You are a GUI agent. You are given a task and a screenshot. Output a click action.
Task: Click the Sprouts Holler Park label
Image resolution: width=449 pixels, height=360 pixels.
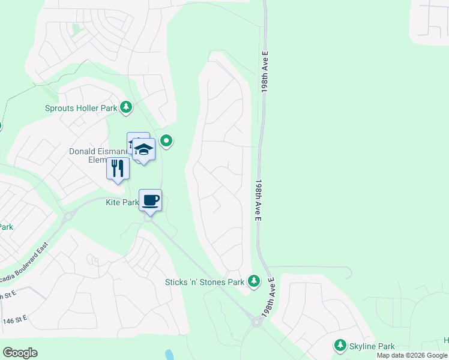pyautogui.click(x=80, y=109)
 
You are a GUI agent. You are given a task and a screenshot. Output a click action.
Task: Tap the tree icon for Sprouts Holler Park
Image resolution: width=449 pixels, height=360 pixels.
pyautogui.click(x=126, y=107)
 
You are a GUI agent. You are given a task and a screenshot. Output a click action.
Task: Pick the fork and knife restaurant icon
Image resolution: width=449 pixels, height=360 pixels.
pyautogui.click(x=118, y=168)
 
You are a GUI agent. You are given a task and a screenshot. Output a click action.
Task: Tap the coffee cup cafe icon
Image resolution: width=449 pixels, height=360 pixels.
pyautogui.click(x=151, y=200)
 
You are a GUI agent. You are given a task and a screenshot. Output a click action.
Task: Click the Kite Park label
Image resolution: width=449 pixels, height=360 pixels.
pyautogui.click(x=122, y=203)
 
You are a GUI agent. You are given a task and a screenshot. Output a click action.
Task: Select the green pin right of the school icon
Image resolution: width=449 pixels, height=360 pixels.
pyautogui.click(x=167, y=142)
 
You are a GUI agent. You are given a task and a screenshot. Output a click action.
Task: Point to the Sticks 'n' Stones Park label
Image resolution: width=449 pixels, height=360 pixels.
pyautogui.click(x=205, y=282)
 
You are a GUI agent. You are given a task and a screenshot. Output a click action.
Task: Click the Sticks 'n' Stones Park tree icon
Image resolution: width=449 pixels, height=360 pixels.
pyautogui.click(x=255, y=281)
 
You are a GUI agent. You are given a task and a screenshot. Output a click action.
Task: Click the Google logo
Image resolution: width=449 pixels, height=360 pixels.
pyautogui.click(x=20, y=353)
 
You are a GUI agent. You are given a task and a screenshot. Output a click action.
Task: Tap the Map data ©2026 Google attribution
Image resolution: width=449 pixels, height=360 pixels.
pyautogui.click(x=412, y=355)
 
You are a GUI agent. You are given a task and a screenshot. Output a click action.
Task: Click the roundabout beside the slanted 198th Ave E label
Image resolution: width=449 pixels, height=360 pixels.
pyautogui.click(x=257, y=322)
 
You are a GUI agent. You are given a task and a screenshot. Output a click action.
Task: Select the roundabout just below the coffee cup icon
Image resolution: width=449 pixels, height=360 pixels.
pyautogui.click(x=148, y=218)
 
